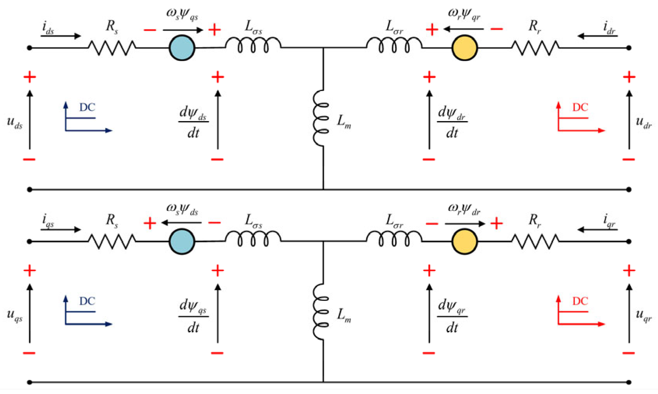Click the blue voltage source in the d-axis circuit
pyautogui.click(x=182, y=48)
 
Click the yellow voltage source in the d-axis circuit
pyautogui.click(x=464, y=48)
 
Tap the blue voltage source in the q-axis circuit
pyautogui.click(x=182, y=241)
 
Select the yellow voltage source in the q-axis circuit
pyautogui.click(x=464, y=241)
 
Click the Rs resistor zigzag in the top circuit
pyautogui.click(x=112, y=47)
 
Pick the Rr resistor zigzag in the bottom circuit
pyautogui.click(x=535, y=241)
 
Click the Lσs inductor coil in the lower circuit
pyautogui.click(x=253, y=238)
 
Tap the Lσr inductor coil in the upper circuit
pyautogui.click(x=394, y=45)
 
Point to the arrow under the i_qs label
pyautogui.click(x=60, y=230)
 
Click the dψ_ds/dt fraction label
pyautogui.click(x=193, y=122)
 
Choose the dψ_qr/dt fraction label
pyautogui.click(x=452, y=316)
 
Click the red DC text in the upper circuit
pyautogui.click(x=580, y=107)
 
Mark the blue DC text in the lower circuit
pyautogui.click(x=87, y=301)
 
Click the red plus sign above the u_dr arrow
pyautogui.click(x=629, y=77)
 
